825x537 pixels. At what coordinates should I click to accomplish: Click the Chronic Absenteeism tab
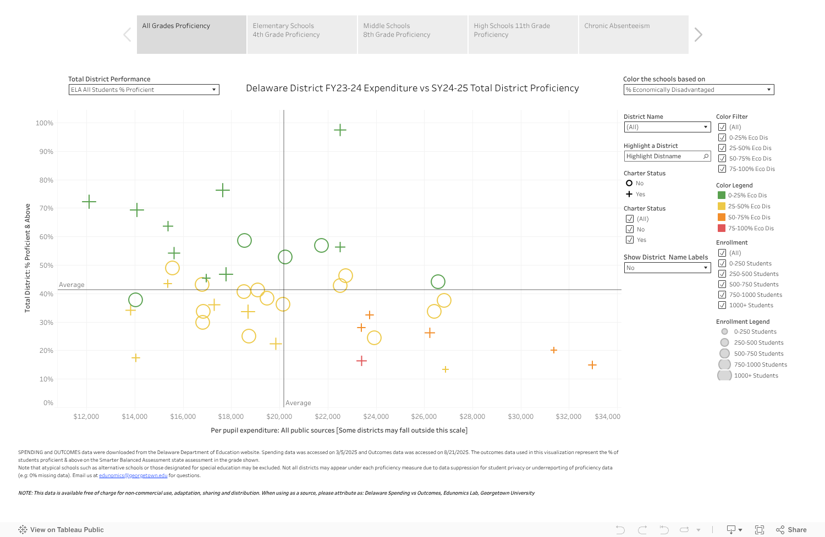pos(633,34)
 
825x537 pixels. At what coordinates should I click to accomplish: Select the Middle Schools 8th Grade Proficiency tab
pos(413,34)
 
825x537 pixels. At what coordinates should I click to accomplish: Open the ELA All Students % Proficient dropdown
pos(144,90)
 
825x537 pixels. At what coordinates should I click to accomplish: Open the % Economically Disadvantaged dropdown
pos(698,90)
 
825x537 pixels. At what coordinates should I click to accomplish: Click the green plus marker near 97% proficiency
pos(340,130)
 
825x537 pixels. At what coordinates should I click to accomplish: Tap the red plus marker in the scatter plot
pos(361,361)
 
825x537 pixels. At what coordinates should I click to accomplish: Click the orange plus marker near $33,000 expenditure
pos(592,365)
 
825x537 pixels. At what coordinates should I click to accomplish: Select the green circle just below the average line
pos(135,300)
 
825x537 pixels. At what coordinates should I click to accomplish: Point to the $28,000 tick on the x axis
pos(472,417)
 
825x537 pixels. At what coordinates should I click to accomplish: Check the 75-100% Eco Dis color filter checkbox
pos(722,169)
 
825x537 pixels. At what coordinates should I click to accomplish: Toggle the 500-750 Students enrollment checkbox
pos(722,284)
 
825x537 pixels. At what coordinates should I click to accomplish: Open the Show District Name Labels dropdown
pos(667,268)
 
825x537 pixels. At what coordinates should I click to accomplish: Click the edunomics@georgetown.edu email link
pos(133,475)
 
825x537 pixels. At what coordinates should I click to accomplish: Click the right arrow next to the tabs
pos(698,35)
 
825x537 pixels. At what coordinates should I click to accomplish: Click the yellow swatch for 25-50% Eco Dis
pos(722,206)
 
